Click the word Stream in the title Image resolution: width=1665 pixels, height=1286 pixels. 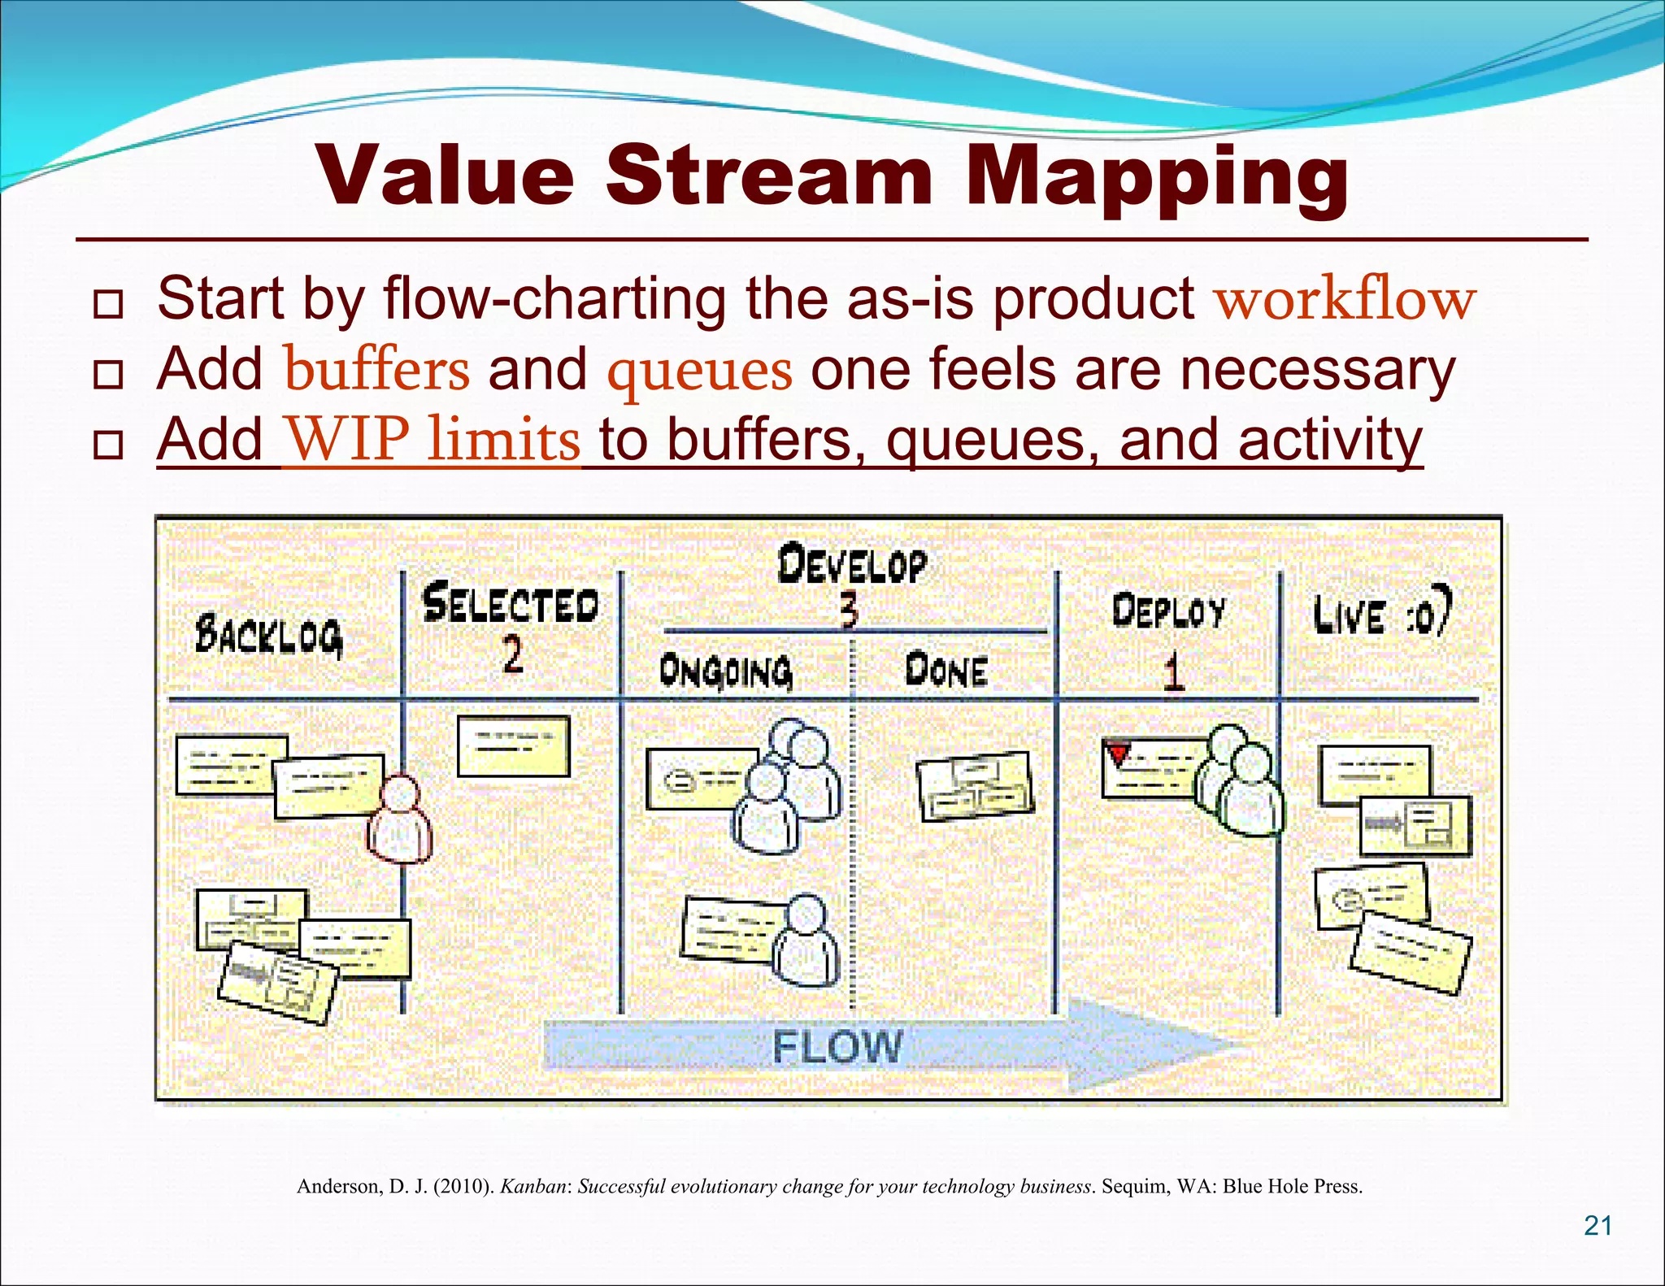click(x=768, y=176)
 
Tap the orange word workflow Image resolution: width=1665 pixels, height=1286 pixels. click(x=1345, y=299)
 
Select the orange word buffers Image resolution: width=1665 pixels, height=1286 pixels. click(x=376, y=370)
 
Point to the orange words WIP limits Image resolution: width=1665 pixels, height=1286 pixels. click(x=433, y=440)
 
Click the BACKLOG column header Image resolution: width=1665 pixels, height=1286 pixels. click(x=268, y=636)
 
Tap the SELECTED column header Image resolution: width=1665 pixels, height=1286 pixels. click(x=511, y=605)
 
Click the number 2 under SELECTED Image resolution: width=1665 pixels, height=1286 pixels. click(x=512, y=654)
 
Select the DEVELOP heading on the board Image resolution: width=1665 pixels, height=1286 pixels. click(x=851, y=565)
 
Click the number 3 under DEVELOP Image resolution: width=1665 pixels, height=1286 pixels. click(x=848, y=610)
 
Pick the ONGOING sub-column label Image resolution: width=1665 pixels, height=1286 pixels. click(x=725, y=671)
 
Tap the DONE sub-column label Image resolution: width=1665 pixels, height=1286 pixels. click(x=946, y=671)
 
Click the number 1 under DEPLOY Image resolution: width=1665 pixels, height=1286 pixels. click(x=1172, y=673)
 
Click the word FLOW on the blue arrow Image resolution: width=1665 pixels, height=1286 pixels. click(x=837, y=1046)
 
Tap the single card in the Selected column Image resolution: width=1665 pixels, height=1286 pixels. click(x=513, y=745)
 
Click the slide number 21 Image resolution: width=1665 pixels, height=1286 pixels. click(x=1598, y=1225)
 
